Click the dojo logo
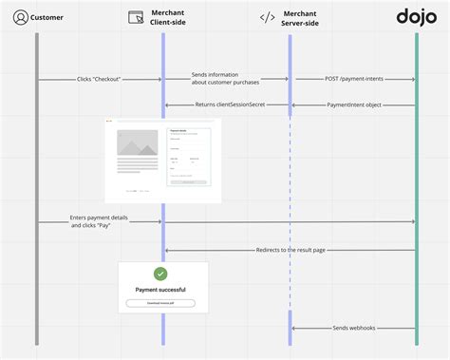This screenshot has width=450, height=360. click(415, 17)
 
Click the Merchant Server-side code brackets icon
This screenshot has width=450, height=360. click(268, 18)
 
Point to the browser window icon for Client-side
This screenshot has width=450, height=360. click(136, 18)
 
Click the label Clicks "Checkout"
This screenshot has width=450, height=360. click(100, 80)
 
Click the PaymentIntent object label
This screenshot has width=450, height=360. click(353, 104)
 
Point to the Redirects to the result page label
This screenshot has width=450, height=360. click(291, 250)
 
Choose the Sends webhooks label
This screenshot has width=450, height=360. click(354, 328)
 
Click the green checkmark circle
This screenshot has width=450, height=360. click(160, 274)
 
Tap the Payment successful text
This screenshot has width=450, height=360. click(160, 289)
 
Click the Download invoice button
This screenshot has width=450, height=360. click(160, 303)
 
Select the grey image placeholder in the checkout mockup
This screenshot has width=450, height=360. click(137, 143)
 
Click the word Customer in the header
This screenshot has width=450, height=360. click(47, 18)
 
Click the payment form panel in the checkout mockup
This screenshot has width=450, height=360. click(189, 156)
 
